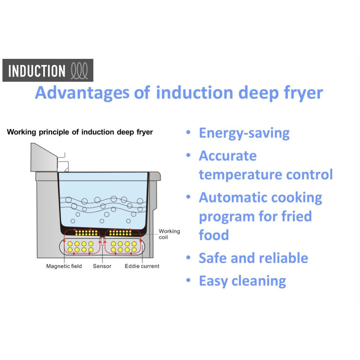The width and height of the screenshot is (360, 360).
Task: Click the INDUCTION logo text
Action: [x=37, y=71]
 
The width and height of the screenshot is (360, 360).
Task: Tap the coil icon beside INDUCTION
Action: [x=79, y=71]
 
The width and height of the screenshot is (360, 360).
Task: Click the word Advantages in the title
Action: [x=82, y=93]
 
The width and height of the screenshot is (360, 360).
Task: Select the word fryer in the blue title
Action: [x=303, y=93]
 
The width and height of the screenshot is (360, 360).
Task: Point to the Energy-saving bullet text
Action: [x=244, y=133]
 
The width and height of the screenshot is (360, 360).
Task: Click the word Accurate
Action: [x=228, y=156]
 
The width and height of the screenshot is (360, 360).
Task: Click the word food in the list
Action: [x=214, y=235]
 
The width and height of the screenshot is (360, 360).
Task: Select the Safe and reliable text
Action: [x=253, y=258]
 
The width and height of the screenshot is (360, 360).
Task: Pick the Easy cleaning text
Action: [x=242, y=281]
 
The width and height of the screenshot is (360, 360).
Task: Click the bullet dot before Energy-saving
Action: [x=188, y=132]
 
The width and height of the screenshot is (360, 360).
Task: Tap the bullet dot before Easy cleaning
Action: [x=188, y=280]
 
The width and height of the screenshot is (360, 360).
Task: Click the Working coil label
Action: [x=169, y=234]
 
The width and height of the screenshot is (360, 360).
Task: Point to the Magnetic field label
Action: [x=64, y=266]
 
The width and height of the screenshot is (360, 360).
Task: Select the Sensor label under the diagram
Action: [x=102, y=266]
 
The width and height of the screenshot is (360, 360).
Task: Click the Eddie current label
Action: [x=142, y=266]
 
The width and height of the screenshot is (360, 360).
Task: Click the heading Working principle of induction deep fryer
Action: [x=80, y=132]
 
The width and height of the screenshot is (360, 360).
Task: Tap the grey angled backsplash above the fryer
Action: [x=43, y=158]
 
